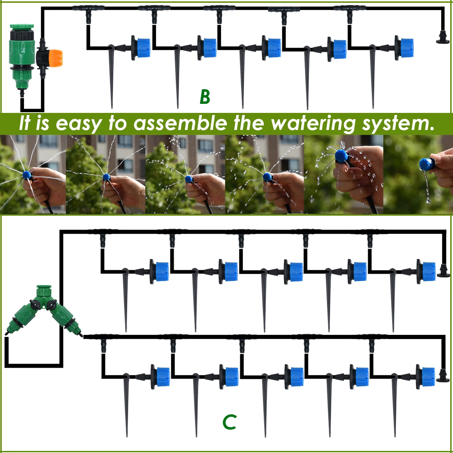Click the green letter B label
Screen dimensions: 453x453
[x=205, y=97]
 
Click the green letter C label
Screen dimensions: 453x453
[x=230, y=422]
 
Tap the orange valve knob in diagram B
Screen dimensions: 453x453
[x=55, y=58]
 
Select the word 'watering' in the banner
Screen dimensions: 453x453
[x=313, y=124]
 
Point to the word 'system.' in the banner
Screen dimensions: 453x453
[x=398, y=124]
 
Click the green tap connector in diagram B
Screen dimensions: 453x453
[x=22, y=56]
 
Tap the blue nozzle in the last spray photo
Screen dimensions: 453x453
[x=425, y=163]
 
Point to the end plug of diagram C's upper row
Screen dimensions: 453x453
[x=443, y=270]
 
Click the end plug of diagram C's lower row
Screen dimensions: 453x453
[x=443, y=376]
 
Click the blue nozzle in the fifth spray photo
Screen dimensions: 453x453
[x=341, y=156]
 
